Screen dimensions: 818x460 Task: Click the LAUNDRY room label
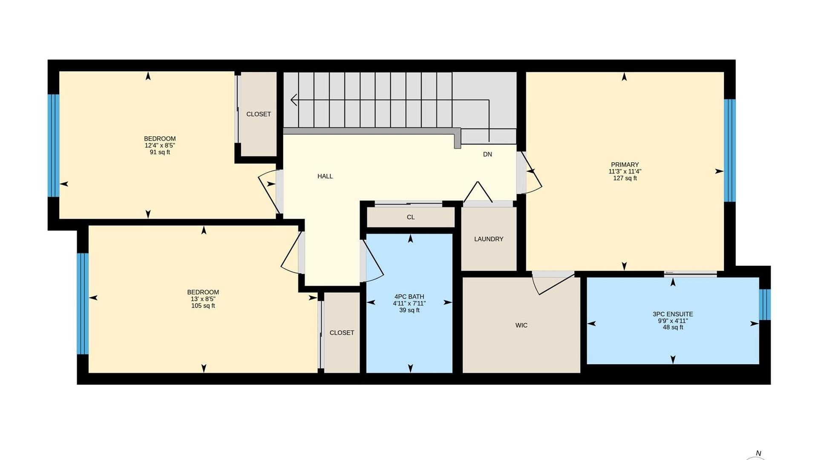[x=489, y=239]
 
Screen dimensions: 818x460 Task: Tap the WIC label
[x=521, y=325]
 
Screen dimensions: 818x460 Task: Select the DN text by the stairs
[x=487, y=154]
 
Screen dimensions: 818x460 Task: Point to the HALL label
[x=325, y=176]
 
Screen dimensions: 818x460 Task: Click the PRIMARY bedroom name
[x=625, y=165]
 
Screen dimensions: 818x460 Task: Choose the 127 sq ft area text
[x=625, y=178]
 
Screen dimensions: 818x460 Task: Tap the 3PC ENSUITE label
[x=673, y=314]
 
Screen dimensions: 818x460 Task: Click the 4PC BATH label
[x=409, y=297]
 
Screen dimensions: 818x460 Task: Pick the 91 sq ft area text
[x=160, y=152]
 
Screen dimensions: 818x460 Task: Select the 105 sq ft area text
[x=203, y=305]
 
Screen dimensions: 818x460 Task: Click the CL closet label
[x=411, y=217]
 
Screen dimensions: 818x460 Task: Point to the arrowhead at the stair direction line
[x=294, y=100]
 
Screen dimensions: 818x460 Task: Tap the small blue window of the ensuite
[x=765, y=305]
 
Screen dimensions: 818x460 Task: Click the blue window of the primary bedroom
[x=730, y=150]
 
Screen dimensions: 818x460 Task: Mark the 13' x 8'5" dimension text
[x=203, y=299]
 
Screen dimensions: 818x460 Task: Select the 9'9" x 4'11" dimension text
[x=673, y=321]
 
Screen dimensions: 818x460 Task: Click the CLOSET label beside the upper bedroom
[x=259, y=114]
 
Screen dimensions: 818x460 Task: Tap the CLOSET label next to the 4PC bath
[x=342, y=333]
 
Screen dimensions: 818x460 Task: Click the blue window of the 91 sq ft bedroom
[x=53, y=146]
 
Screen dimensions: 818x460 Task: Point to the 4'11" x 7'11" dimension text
[x=409, y=303]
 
